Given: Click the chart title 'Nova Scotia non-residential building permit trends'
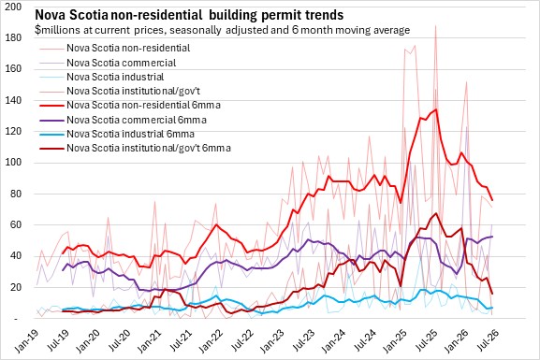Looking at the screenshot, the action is pyautogui.click(x=189, y=15).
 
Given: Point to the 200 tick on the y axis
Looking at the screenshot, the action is pyautogui.click(x=13, y=7).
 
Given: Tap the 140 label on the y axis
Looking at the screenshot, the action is pyautogui.click(x=13, y=100).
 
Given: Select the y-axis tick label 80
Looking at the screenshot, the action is pyautogui.click(x=16, y=194).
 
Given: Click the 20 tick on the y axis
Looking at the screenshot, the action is pyautogui.click(x=16, y=287).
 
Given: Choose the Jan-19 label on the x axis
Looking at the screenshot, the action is pyautogui.click(x=27, y=341).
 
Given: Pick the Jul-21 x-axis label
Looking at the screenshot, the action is pyautogui.click(x=180, y=341).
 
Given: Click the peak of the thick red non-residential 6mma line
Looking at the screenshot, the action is pyautogui.click(x=436, y=109).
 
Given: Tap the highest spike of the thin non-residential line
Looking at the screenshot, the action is pyautogui.click(x=436, y=25).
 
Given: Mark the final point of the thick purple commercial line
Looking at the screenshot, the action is pyautogui.click(x=491, y=237).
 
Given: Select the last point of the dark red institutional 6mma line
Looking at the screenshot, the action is pyautogui.click(x=491, y=294).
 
